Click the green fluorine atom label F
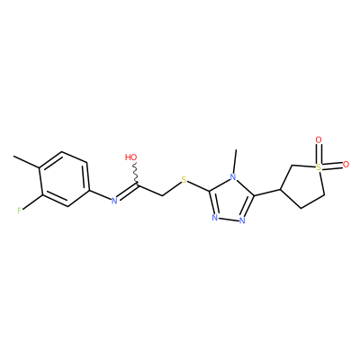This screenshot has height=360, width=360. click(20, 211)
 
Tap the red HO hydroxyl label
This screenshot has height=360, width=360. click(131, 157)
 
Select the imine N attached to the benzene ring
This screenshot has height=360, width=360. click(114, 201)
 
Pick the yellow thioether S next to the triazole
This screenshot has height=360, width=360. click(184, 180)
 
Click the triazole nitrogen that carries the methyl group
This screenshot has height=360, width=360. click(233, 176)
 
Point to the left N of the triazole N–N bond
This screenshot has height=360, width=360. click(215, 218)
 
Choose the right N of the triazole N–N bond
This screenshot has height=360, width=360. click(242, 221)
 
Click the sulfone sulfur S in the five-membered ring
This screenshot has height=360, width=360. click(319, 168)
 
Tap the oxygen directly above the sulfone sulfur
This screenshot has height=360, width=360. click(319, 139)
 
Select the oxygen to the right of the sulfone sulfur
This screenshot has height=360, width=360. click(346, 165)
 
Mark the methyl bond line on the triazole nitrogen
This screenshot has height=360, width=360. click(235, 161)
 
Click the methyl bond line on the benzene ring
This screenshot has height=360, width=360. click(26, 162)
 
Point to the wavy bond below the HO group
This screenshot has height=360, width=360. click(136, 175)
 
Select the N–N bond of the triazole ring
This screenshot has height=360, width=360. click(229, 220)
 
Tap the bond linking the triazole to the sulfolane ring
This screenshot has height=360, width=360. click(267, 193)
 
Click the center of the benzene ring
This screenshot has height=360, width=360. click(64, 179)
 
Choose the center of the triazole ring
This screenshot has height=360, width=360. click(230, 200)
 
